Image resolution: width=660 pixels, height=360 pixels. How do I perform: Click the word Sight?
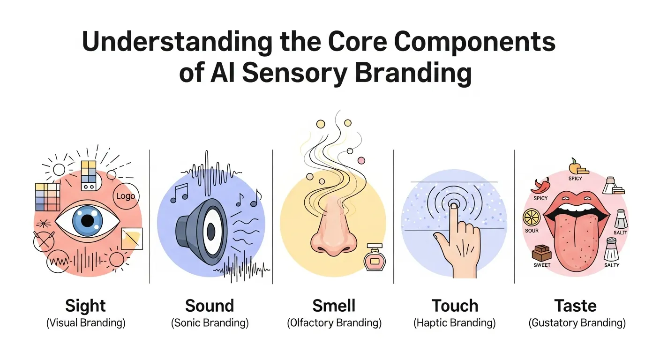coord(86,306)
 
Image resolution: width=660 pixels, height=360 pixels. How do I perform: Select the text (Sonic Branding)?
coord(210,323)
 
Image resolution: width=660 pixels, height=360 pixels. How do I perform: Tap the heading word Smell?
coord(334,306)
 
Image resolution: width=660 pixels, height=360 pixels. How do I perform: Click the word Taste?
coord(576,306)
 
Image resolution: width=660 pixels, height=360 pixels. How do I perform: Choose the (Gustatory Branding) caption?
coord(577,323)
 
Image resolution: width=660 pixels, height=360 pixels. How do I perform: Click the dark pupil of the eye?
coord(87,220)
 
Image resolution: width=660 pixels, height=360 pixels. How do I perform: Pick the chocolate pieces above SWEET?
coord(541,253)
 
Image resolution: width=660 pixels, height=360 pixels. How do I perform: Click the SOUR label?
coord(532,231)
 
